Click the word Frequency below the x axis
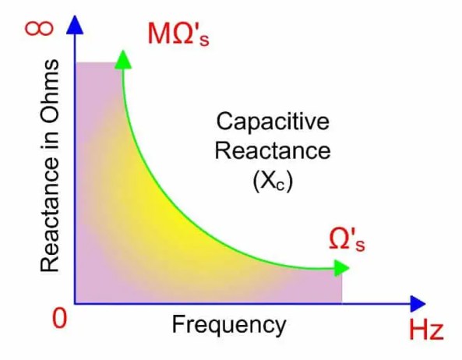coord(228,323)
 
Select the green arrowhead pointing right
coord(340,268)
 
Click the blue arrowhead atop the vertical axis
coord(75,24)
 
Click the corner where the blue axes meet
coord(76,302)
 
